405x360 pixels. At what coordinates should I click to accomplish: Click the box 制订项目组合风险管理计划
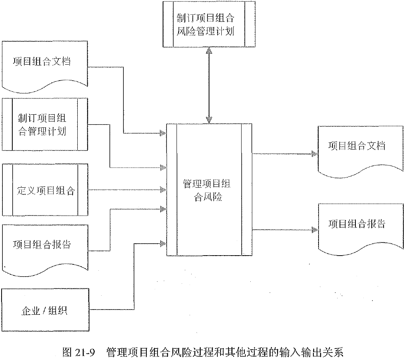coord(209,24)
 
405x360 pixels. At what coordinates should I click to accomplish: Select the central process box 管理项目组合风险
coord(209,190)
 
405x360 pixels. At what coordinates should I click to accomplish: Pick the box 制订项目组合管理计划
coord(44,124)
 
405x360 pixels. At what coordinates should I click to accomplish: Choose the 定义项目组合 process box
coord(44,191)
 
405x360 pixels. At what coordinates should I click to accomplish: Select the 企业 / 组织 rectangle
coord(44,310)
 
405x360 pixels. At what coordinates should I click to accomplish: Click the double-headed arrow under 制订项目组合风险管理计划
coord(209,85)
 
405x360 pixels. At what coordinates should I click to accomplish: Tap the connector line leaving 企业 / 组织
coord(135,278)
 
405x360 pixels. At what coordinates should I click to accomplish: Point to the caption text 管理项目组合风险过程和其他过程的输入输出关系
coord(224,352)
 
